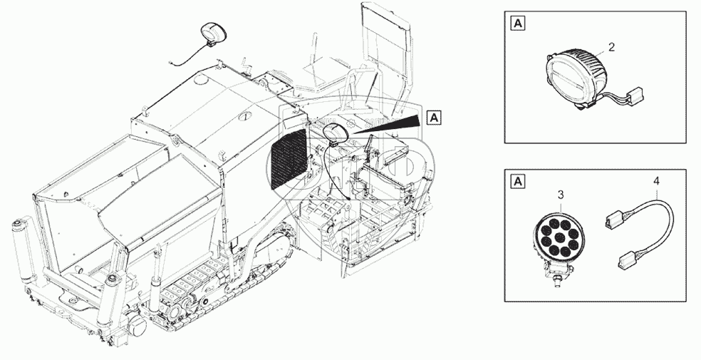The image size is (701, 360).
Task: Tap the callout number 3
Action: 561,194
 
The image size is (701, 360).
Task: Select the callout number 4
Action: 655,182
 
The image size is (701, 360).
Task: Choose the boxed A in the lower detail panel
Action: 518,181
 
